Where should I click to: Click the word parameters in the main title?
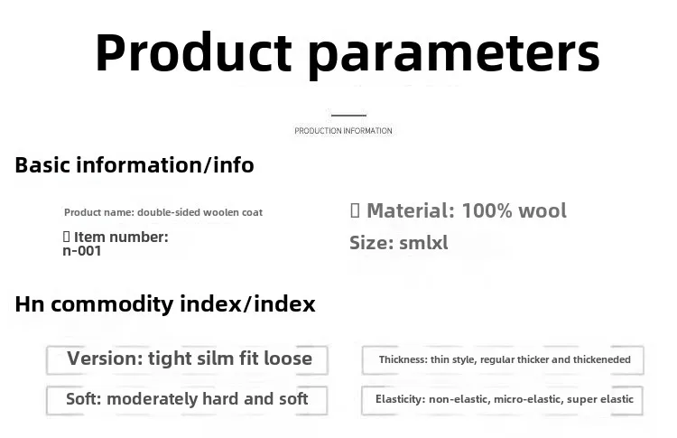coord(454,56)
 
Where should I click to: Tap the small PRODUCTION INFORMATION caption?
coord(343,131)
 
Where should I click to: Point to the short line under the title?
coord(348,116)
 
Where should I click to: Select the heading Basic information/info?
coord(134,165)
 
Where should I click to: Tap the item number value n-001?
coord(82,251)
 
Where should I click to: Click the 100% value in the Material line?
coord(487,210)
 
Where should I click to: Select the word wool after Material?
coord(543,210)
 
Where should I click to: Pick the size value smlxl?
coord(423,243)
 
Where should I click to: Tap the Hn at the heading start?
coord(30,304)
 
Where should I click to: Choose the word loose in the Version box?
coord(288,359)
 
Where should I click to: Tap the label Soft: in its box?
coord(84,398)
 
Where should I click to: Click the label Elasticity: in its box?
coord(400,399)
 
